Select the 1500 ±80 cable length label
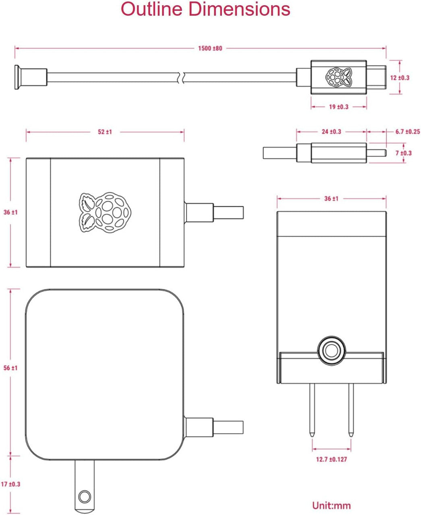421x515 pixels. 210,48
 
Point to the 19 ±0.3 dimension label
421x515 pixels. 338,107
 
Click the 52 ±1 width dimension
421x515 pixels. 105,132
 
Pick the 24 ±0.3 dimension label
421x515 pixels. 331,132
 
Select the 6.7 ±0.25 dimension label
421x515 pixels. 407,132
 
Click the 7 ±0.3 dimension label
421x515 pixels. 404,153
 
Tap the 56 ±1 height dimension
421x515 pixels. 10,368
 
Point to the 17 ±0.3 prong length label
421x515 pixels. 10,484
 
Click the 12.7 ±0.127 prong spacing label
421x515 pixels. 331,459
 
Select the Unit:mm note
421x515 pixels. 331,505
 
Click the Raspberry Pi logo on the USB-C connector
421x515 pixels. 338,77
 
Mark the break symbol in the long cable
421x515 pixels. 183,77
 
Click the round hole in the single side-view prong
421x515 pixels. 84,496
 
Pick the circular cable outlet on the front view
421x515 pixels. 331,350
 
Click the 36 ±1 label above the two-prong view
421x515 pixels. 331,198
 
